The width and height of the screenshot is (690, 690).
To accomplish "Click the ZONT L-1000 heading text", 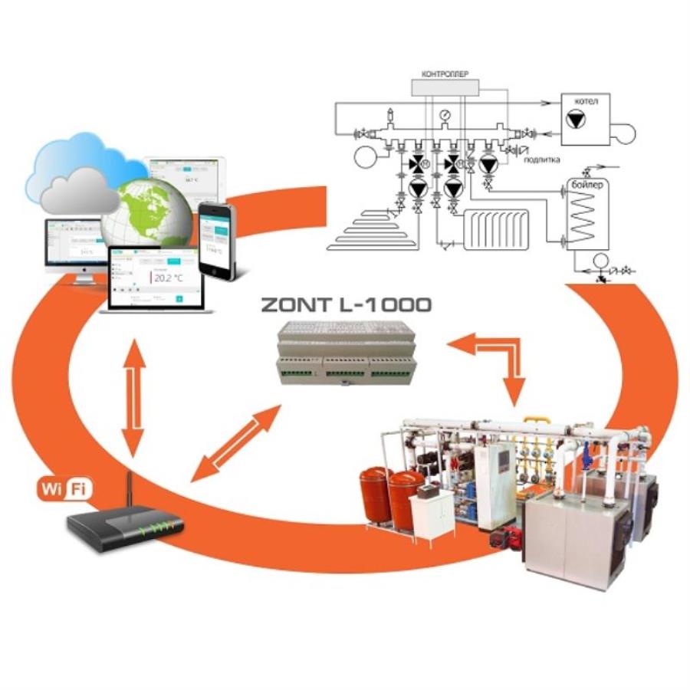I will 346,304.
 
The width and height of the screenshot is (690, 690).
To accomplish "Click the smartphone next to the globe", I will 216,238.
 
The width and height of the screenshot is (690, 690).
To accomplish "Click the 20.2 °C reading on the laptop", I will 169,278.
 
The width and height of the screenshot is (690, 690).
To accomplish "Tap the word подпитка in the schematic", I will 541,159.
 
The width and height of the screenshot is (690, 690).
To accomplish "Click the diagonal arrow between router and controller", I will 236,444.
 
